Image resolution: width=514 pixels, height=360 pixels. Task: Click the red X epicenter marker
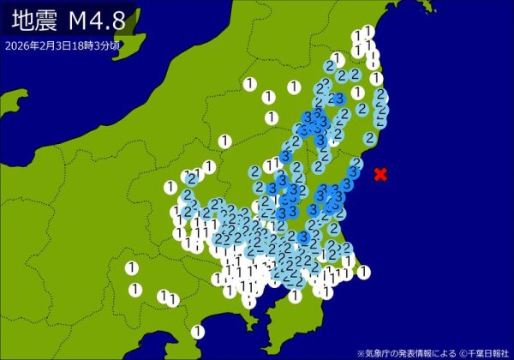380,175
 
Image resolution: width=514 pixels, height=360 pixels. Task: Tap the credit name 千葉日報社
489,352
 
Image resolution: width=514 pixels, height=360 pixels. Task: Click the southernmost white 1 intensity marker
198,331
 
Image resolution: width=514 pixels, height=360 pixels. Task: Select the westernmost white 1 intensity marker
131,268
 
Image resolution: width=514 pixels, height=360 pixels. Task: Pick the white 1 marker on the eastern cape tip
364,273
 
